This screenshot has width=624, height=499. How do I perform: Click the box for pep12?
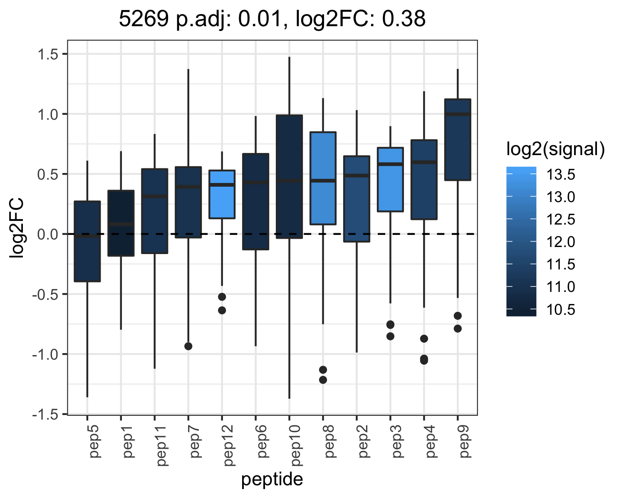pos(222,194)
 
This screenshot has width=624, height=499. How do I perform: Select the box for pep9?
pos(458,140)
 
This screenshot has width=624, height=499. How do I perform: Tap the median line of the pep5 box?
pos(87,236)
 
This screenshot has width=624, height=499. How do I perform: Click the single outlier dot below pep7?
pos(188,346)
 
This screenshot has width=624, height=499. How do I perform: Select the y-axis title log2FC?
pos(16,227)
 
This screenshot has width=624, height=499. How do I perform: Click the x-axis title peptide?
pos(272,479)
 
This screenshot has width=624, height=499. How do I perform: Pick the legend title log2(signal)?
pos(556,149)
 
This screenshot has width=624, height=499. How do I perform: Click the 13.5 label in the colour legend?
pos(560,175)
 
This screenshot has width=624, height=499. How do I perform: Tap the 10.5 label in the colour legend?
pos(560,310)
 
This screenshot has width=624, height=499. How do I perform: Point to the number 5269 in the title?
pos(144,19)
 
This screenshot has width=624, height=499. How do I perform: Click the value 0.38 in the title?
pos(404,19)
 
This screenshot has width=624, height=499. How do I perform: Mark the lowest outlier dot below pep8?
pos(323,380)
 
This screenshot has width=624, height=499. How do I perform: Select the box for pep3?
pos(390,180)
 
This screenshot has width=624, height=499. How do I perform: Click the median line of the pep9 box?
pos(458,114)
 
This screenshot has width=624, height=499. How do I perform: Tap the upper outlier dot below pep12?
pos(222,296)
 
